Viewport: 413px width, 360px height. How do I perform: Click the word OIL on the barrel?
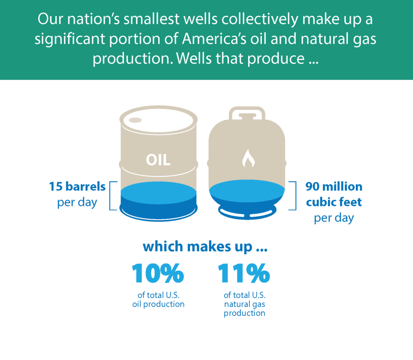pyautogui.click(x=158, y=160)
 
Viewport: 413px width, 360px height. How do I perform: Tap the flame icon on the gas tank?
pyautogui.click(x=248, y=159)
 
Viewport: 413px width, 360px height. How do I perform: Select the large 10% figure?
pyautogui.click(x=158, y=273)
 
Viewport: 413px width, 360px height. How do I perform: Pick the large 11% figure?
pyautogui.click(x=244, y=273)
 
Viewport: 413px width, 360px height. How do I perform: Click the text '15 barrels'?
pyautogui.click(x=77, y=186)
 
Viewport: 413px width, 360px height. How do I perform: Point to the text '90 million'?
pyautogui.click(x=334, y=186)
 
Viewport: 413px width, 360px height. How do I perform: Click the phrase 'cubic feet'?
pyautogui.click(x=334, y=202)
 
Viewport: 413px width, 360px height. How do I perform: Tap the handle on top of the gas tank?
pyautogui.click(x=247, y=113)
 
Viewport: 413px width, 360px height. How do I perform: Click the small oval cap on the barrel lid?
pyautogui.click(x=135, y=120)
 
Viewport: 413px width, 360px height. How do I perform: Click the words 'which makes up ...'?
pyautogui.click(x=205, y=247)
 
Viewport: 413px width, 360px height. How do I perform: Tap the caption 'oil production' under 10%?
pyautogui.click(x=158, y=304)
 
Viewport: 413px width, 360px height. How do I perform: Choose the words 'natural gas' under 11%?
pyautogui.click(x=245, y=304)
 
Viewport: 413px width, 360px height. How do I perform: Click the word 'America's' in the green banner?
pyautogui.click(x=214, y=38)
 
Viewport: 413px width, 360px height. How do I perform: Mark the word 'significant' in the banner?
pyautogui.click(x=70, y=39)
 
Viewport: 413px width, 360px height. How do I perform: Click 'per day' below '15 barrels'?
pyautogui.click(x=77, y=203)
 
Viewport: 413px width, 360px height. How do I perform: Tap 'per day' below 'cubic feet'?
pyautogui.click(x=334, y=218)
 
